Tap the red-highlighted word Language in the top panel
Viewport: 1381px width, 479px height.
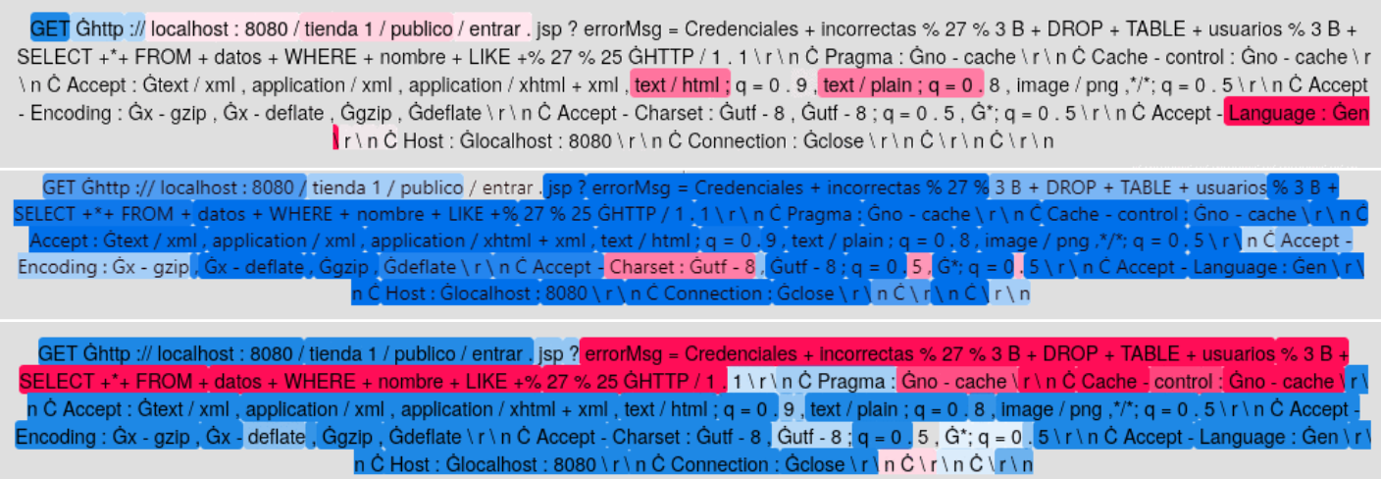[1271, 113]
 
